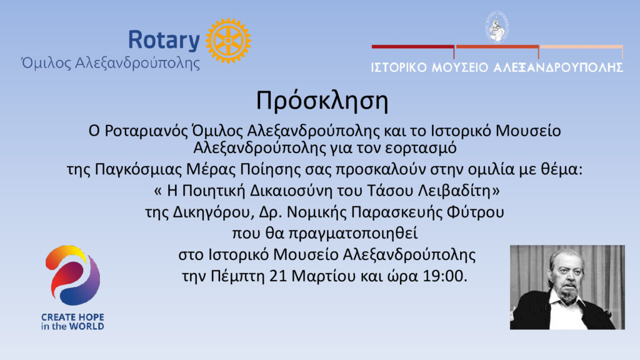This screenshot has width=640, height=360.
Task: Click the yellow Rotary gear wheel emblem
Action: [x=228, y=41]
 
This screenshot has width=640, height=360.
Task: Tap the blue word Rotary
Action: [x=164, y=40]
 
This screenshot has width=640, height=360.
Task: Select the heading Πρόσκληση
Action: [x=322, y=101]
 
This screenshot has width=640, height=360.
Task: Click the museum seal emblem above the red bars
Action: [x=497, y=27]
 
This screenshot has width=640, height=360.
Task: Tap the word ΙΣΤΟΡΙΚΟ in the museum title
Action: [x=399, y=67]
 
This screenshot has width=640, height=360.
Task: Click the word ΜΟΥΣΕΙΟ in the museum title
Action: [x=460, y=67]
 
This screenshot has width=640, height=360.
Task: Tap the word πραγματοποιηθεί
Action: [x=352, y=234]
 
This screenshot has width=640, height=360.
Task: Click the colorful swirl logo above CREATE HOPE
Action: [x=72, y=275]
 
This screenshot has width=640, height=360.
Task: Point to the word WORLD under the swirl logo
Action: [x=86, y=326]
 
